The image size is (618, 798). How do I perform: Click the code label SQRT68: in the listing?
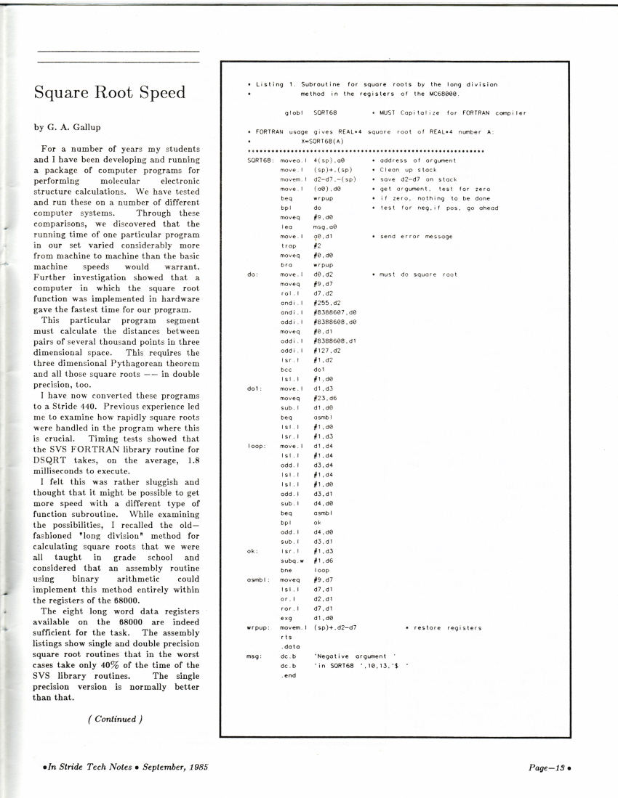pyautogui.click(x=260, y=160)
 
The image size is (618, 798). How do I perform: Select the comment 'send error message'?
pyautogui.click(x=406, y=237)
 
